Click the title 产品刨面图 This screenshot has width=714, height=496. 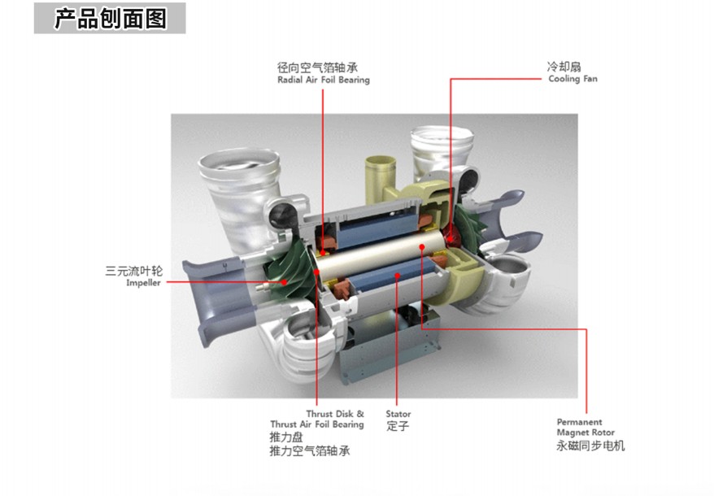click(111, 18)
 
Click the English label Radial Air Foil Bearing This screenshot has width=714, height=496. click(324, 80)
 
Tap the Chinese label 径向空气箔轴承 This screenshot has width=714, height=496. click(317, 67)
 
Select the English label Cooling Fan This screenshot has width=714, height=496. click(573, 79)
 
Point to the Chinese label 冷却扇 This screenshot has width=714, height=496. click(564, 67)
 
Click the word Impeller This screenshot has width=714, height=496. click(143, 283)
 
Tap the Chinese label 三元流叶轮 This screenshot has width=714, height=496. click(133, 271)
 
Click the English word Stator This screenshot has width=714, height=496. click(398, 414)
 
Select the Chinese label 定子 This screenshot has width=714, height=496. click(398, 426)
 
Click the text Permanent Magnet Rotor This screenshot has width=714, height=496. click(586, 427)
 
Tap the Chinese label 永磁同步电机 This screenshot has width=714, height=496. click(590, 446)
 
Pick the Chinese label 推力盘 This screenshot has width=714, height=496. click(286, 437)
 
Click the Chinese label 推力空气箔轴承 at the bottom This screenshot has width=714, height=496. click(310, 451)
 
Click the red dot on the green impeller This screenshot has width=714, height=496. click(284, 282)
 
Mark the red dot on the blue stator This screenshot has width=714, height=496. click(398, 275)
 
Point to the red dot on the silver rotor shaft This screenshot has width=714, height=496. click(422, 247)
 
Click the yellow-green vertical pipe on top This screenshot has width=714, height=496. click(381, 180)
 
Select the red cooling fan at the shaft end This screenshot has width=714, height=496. click(450, 235)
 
